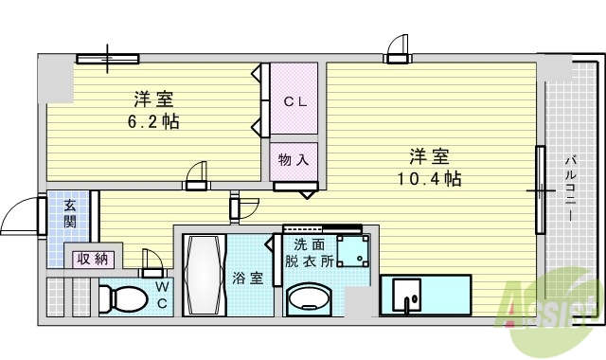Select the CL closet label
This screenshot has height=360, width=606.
point(294,101)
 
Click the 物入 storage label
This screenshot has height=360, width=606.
point(294,160)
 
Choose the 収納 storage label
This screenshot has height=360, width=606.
point(92,257)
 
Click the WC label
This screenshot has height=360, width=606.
point(162,294)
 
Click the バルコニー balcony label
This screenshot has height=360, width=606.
point(571,186)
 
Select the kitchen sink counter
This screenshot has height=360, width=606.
point(425,295)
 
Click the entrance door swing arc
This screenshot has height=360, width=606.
point(19,219)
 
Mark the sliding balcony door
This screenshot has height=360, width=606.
point(541,189)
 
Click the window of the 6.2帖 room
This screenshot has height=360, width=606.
point(107,60)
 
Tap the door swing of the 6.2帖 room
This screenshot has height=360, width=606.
point(196,174)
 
